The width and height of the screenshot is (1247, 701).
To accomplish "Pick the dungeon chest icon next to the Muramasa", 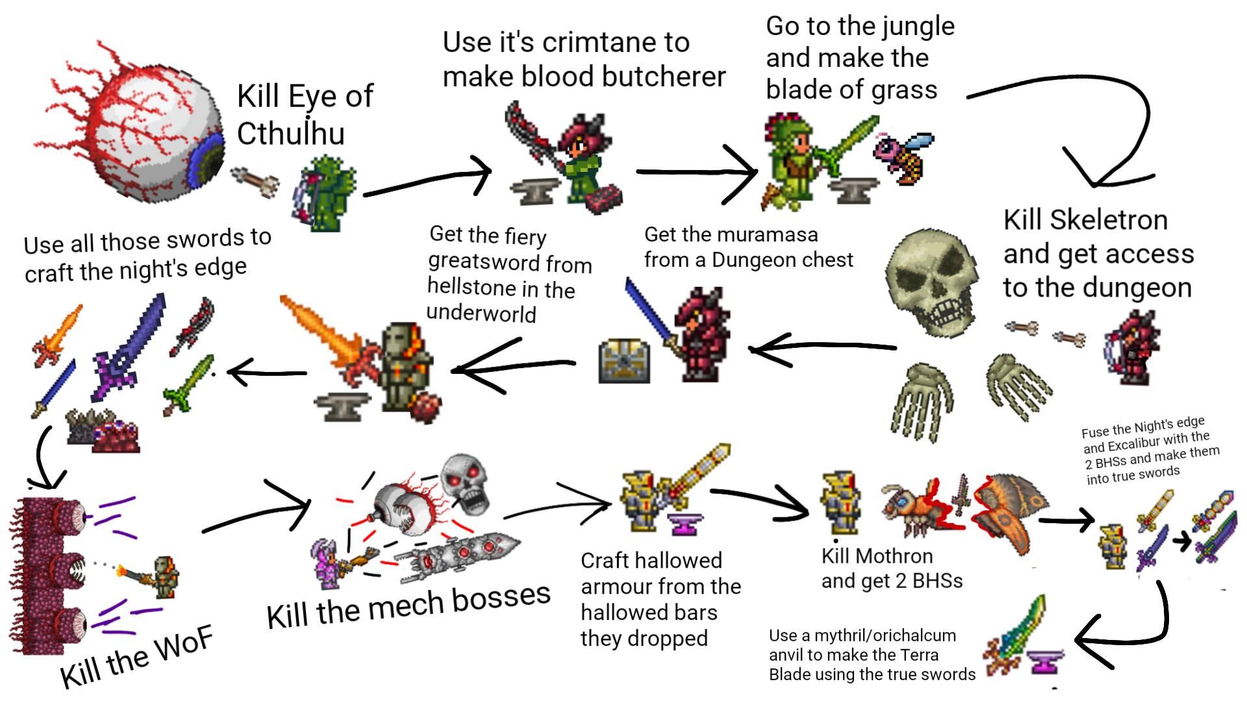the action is point(623,360).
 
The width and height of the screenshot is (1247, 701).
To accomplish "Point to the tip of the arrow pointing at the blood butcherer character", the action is point(491,172).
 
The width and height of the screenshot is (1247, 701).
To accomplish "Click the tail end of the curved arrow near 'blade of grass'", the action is point(968,97).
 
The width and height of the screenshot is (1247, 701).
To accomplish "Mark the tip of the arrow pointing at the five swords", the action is point(229,373).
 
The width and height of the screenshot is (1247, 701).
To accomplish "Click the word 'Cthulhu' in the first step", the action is point(291,133).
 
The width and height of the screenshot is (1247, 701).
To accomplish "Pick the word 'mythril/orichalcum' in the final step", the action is point(885,635).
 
